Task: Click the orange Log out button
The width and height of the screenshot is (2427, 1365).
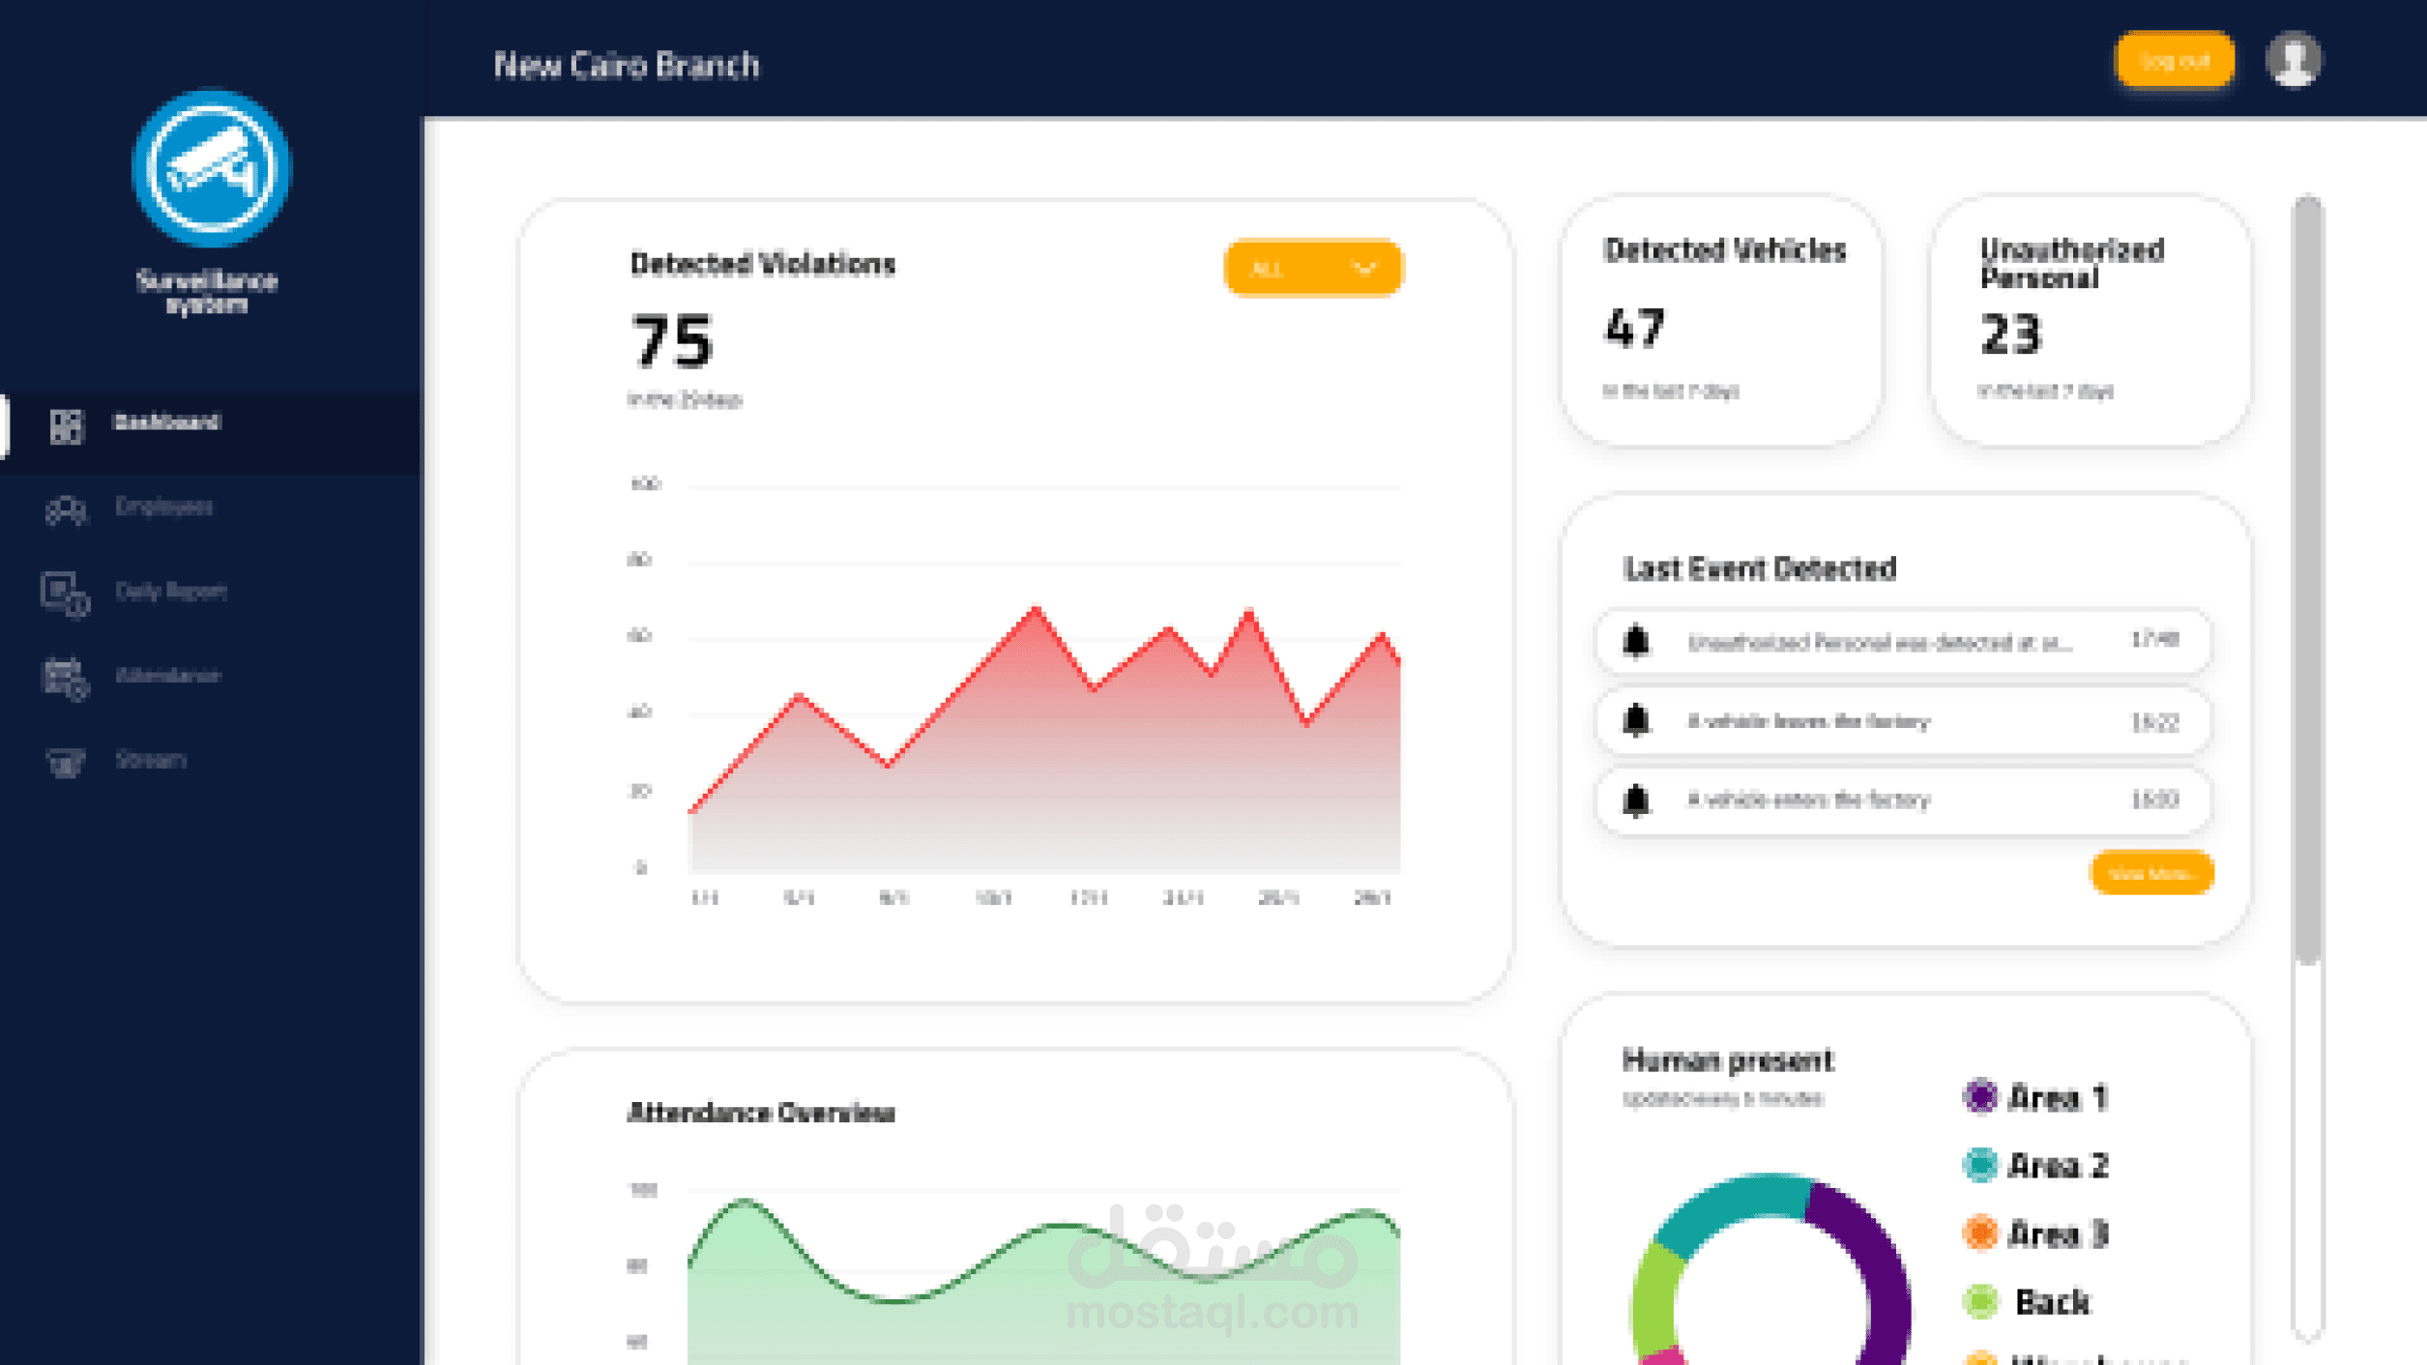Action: click(x=2174, y=61)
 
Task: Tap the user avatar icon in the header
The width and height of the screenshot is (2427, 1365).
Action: click(x=2293, y=61)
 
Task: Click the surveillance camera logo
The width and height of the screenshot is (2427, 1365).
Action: click(x=210, y=168)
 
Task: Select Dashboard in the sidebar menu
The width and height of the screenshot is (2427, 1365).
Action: click(x=166, y=422)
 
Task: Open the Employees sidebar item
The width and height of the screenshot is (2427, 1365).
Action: click(x=162, y=507)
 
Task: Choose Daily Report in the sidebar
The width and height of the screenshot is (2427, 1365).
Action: click(x=169, y=591)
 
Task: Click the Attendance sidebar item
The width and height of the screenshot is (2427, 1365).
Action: click(x=166, y=676)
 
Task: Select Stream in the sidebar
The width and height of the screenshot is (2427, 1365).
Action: click(x=150, y=760)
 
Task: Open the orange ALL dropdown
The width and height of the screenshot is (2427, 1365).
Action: click(x=1312, y=268)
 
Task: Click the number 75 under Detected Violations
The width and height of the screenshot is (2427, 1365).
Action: click(x=672, y=341)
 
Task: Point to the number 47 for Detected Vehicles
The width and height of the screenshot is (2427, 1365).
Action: click(x=1635, y=329)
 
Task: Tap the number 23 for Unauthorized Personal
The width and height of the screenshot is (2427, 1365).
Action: click(x=2010, y=334)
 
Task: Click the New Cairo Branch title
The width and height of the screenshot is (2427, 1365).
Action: click(x=627, y=65)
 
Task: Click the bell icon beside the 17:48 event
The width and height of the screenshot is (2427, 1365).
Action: click(x=1636, y=642)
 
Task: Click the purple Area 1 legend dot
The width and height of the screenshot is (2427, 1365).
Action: click(x=1979, y=1096)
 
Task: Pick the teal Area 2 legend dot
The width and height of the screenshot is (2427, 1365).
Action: click(x=1979, y=1165)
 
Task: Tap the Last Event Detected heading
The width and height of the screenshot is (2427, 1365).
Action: click(x=1760, y=568)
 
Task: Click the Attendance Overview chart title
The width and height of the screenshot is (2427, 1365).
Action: click(x=761, y=1113)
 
